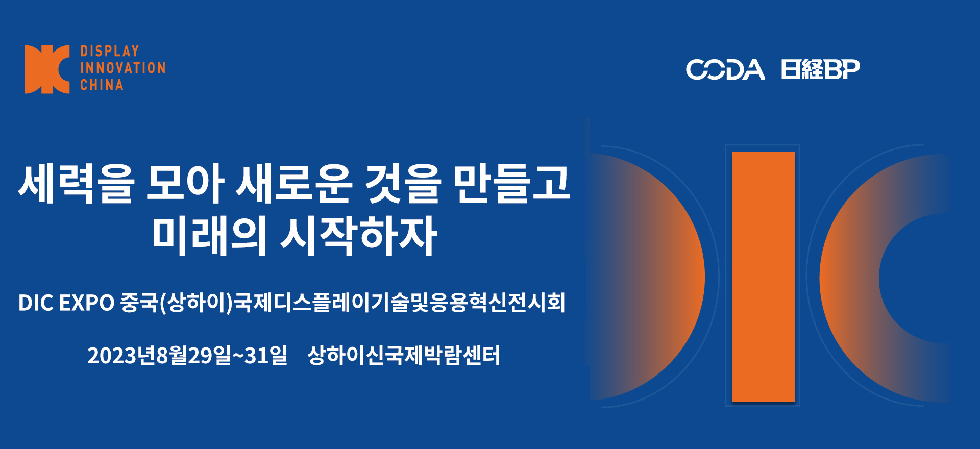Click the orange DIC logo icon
pos(47,69)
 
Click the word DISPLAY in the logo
pos(110,51)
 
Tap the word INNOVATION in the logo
pos(122,68)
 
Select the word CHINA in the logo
pos(102,85)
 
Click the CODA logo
pos(725,69)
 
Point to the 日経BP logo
pos(820,69)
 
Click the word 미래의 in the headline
pos(209,236)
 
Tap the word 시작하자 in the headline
pos(359,236)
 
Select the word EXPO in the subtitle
pos(87,303)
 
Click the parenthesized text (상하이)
pos(197,303)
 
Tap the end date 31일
pos(266,356)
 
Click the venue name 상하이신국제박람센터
pos(403,356)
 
